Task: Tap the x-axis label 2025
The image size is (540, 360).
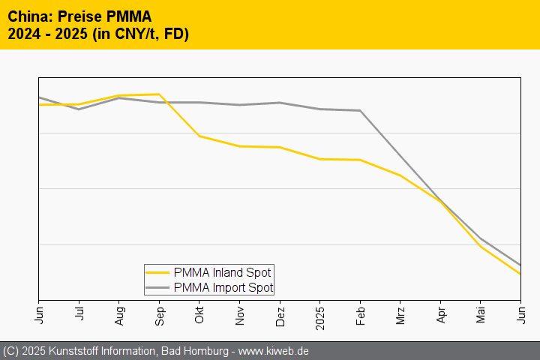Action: (320, 316)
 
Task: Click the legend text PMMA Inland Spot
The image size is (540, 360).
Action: (222, 272)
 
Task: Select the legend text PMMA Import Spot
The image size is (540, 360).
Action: (223, 287)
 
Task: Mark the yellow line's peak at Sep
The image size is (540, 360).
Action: (159, 94)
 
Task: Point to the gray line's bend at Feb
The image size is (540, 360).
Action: (361, 111)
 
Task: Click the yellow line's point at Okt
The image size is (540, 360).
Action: (199, 136)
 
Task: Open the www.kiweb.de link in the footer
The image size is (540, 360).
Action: (274, 351)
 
